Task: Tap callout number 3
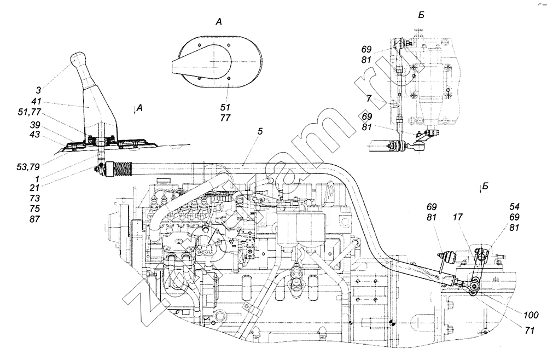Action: (x=38, y=90)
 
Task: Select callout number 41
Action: (x=36, y=101)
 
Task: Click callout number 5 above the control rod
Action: (x=260, y=131)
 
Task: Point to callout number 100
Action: (x=531, y=315)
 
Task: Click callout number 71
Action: (x=529, y=330)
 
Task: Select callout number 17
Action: (x=458, y=217)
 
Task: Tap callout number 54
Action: (x=514, y=206)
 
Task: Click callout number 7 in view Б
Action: (x=369, y=98)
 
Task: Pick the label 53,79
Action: (x=28, y=167)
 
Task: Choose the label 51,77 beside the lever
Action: (x=30, y=112)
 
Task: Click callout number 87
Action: (x=35, y=219)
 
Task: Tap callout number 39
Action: (x=35, y=125)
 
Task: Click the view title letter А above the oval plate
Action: (x=219, y=22)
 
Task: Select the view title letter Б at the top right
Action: (x=421, y=15)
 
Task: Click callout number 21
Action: (x=34, y=188)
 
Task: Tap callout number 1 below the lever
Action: (x=37, y=178)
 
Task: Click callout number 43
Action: (x=35, y=134)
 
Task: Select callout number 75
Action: (x=35, y=208)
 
